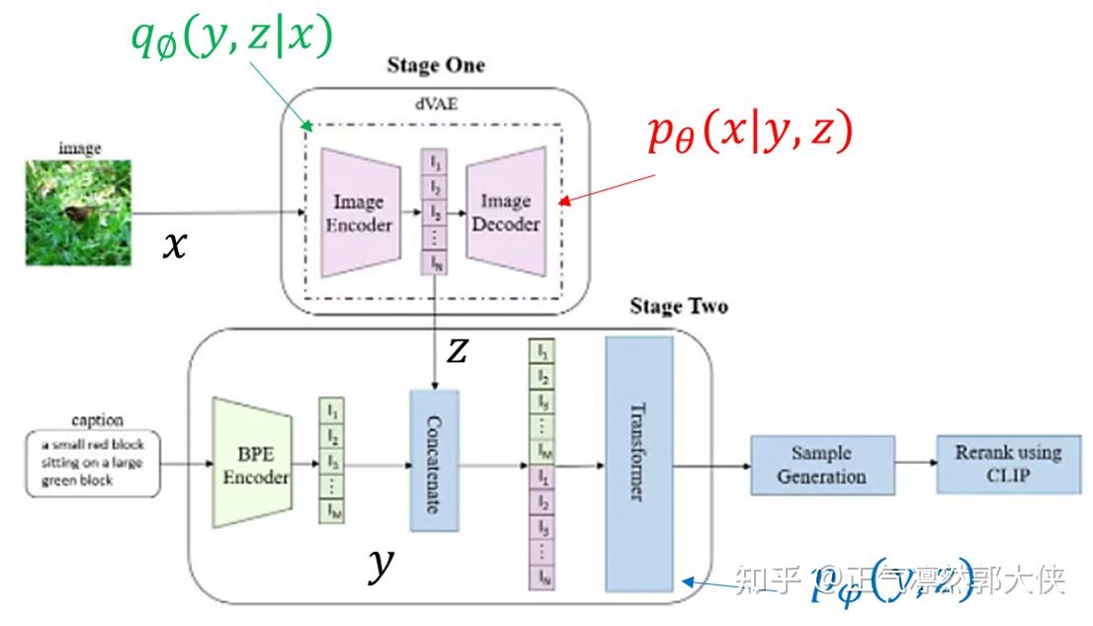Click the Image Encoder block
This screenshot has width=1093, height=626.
(x=358, y=214)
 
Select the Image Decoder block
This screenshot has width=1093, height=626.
(x=506, y=214)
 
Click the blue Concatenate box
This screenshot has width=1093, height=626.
(x=437, y=465)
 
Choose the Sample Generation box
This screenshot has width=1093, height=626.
(x=822, y=465)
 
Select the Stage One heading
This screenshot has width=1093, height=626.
(x=436, y=65)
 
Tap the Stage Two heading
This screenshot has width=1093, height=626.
(x=678, y=306)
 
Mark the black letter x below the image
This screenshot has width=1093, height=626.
(x=173, y=244)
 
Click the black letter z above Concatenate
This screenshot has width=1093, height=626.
(x=456, y=349)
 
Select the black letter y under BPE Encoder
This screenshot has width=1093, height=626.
(x=379, y=565)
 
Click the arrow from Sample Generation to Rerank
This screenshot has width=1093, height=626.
(x=915, y=464)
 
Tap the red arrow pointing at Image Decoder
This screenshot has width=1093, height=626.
(x=608, y=188)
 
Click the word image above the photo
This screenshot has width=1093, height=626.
(x=79, y=147)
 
